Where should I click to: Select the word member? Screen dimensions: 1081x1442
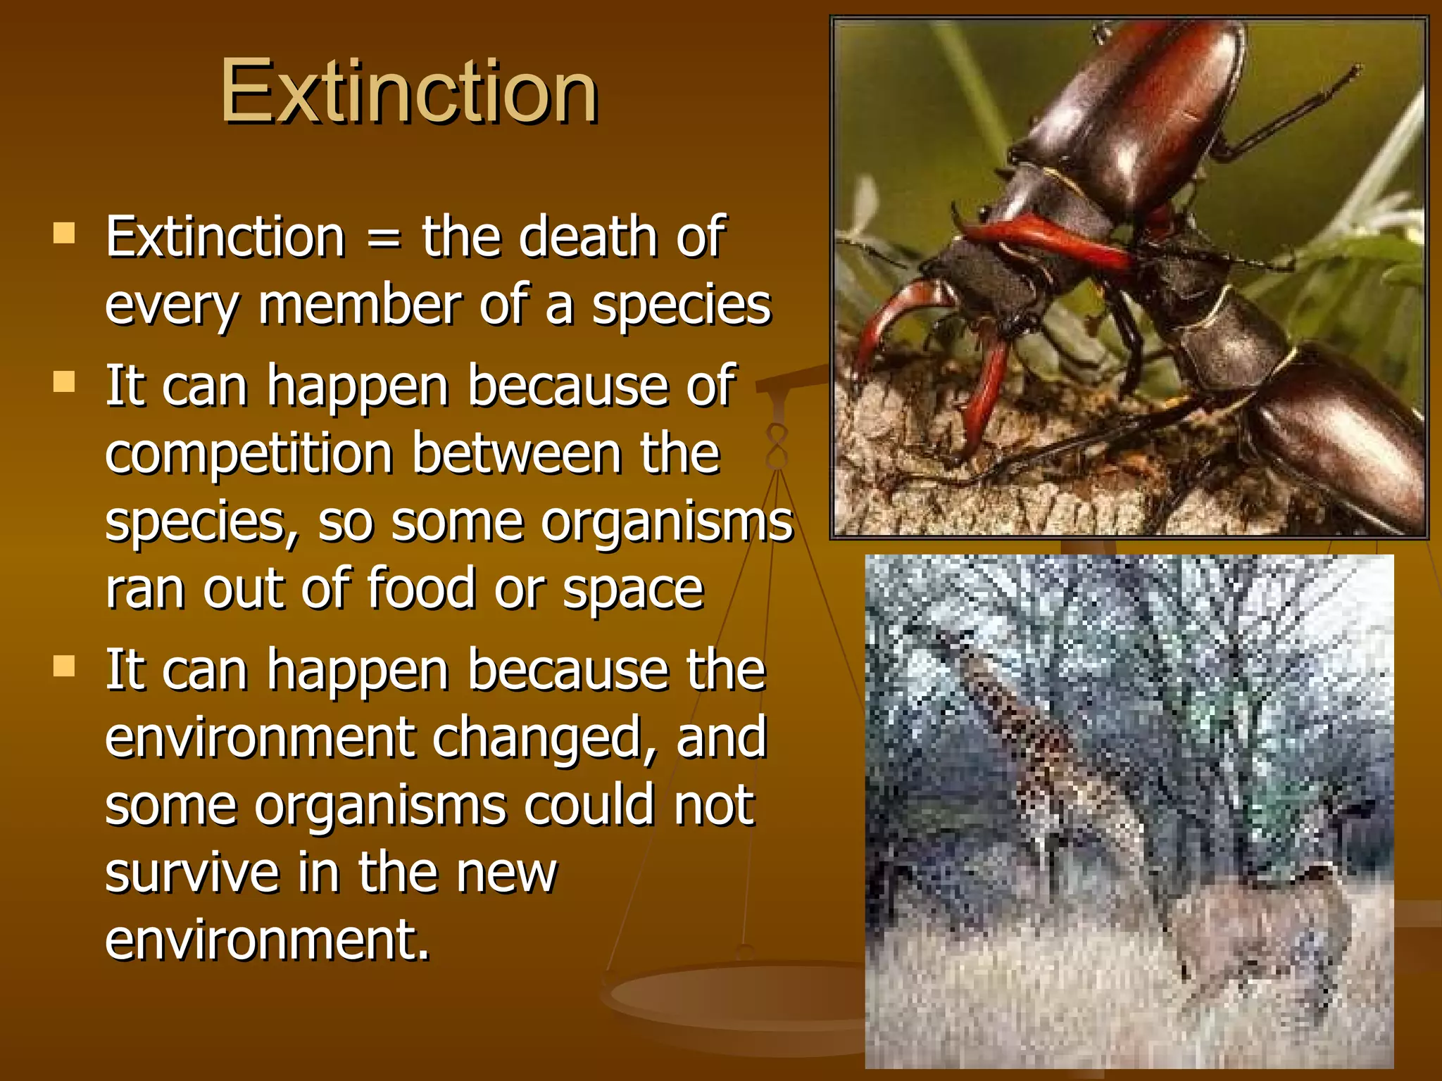click(x=359, y=305)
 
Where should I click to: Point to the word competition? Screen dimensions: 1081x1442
click(x=249, y=455)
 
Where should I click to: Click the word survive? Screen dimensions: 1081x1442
click(x=192, y=873)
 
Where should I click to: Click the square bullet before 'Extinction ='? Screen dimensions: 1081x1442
click(x=64, y=233)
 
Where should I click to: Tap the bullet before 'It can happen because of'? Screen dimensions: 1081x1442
click(x=64, y=382)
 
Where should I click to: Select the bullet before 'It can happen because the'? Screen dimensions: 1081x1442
click(x=64, y=666)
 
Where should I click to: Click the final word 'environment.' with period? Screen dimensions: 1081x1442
click(x=268, y=940)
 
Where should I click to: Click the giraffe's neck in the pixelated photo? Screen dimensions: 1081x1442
click(x=1014, y=718)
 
